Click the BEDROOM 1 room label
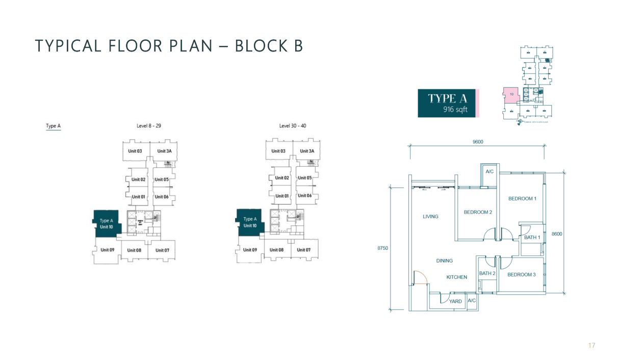point(522,198)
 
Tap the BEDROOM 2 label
point(478,212)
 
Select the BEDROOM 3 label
point(522,275)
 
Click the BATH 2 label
point(487,273)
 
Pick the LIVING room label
point(430,217)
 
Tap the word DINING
point(444,261)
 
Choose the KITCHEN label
point(456,277)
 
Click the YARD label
point(455,301)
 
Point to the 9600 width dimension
point(477,142)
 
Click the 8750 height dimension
point(382,248)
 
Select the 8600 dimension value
point(557,234)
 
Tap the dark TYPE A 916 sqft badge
point(447,103)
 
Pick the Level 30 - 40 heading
point(293,125)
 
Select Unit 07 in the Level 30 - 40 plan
point(303,250)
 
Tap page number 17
point(591,346)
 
